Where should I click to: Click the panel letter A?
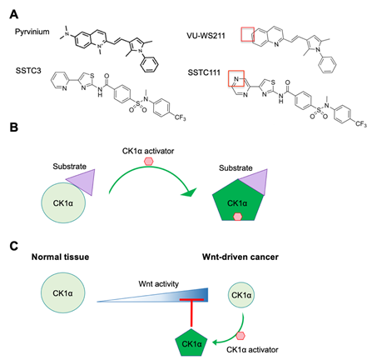click(14, 14)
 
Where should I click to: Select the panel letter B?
click(14, 127)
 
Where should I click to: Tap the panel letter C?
click(14, 246)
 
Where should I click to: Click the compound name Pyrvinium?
click(32, 32)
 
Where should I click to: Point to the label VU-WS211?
click(206, 36)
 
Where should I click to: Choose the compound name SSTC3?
click(28, 71)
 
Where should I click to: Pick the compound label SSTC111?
click(204, 72)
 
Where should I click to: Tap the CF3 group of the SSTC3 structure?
click(180, 117)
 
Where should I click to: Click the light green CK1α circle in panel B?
click(63, 202)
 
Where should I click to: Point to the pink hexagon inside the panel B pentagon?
click(237, 217)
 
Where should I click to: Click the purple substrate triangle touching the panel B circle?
click(83, 181)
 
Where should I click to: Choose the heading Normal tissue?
click(60, 257)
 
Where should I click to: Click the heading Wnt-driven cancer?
click(241, 257)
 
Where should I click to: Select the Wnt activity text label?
click(159, 284)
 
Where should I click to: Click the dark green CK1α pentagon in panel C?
click(191, 342)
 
